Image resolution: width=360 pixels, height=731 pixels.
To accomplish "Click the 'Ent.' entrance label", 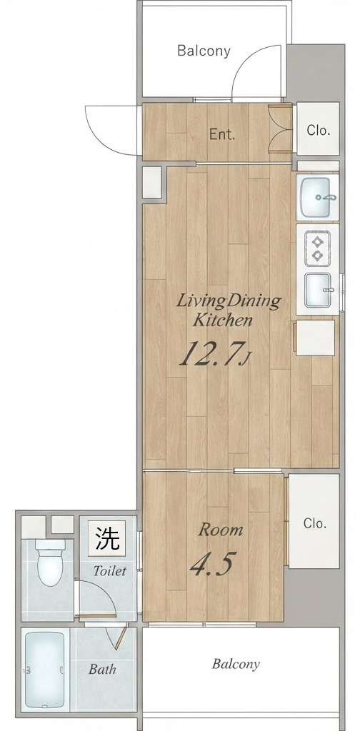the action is pyautogui.click(x=222, y=135).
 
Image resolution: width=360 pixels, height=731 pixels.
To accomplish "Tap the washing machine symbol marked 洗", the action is pyautogui.click(x=107, y=538).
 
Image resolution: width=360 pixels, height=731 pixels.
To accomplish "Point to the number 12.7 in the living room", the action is pyautogui.click(x=211, y=354).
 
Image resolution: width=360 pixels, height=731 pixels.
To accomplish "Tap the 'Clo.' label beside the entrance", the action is pyautogui.click(x=319, y=131).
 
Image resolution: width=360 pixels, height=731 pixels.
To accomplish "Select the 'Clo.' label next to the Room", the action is pyautogui.click(x=315, y=523).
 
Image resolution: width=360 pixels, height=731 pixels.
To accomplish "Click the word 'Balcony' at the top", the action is pyautogui.click(x=204, y=51).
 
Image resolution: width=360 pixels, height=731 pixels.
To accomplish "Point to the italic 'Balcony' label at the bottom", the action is pyautogui.click(x=236, y=664).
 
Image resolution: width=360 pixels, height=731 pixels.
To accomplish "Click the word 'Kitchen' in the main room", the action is pyautogui.click(x=223, y=321).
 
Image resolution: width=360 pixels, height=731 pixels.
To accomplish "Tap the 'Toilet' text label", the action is pyautogui.click(x=109, y=570).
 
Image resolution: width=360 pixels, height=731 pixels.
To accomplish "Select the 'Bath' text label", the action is pyautogui.click(x=102, y=670).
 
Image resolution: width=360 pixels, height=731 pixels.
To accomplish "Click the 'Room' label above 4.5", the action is pyautogui.click(x=221, y=530).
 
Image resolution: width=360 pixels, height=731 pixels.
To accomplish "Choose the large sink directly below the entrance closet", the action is pyautogui.click(x=319, y=197).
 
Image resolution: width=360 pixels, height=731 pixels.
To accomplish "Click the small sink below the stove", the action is pyautogui.click(x=318, y=290).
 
